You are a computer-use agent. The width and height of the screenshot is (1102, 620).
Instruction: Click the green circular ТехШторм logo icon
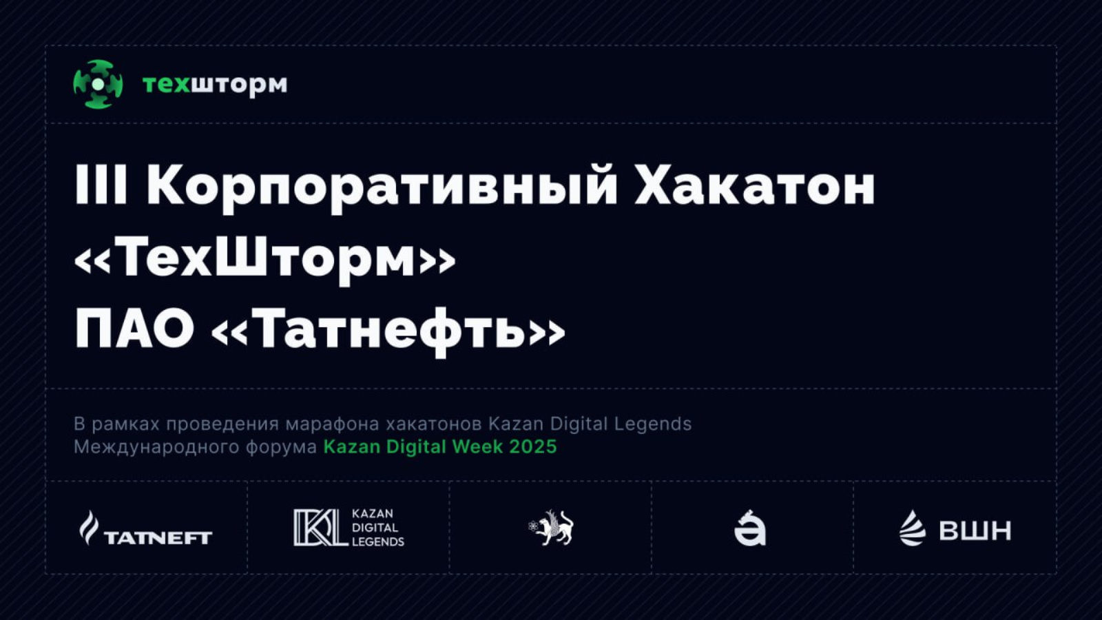[x=98, y=84]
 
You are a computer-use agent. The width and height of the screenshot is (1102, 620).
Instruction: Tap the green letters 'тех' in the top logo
[x=166, y=85]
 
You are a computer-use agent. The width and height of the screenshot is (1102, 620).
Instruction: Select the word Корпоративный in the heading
[x=382, y=189]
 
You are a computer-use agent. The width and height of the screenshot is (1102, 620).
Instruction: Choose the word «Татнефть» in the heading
[x=388, y=332]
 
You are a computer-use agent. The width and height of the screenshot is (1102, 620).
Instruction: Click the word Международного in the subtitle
[x=156, y=448]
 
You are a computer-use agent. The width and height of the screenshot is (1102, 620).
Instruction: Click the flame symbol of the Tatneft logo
[x=89, y=528]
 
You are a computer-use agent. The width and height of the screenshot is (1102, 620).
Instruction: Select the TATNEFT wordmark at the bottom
[x=158, y=538]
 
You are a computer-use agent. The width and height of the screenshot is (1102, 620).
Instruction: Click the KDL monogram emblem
[x=320, y=528]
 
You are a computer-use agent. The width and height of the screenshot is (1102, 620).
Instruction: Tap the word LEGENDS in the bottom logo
[x=378, y=541]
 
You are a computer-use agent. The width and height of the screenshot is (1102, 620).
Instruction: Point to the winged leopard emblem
[x=551, y=528]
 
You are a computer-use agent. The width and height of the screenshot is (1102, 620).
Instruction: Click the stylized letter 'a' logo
[x=750, y=528]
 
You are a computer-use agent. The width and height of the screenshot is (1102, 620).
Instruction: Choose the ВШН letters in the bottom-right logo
[x=975, y=530]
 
